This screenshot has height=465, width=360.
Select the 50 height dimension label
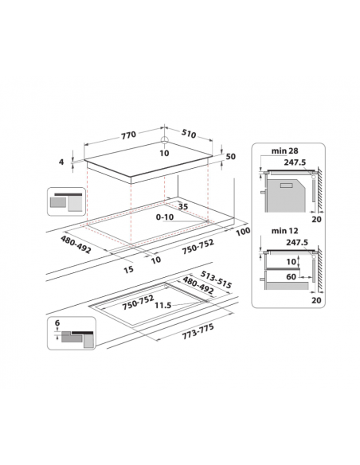pos(231,157)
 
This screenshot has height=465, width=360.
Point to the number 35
pos(183,206)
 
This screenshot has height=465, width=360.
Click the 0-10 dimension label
pos(166,217)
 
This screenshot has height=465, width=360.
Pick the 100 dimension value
pos(243,231)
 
